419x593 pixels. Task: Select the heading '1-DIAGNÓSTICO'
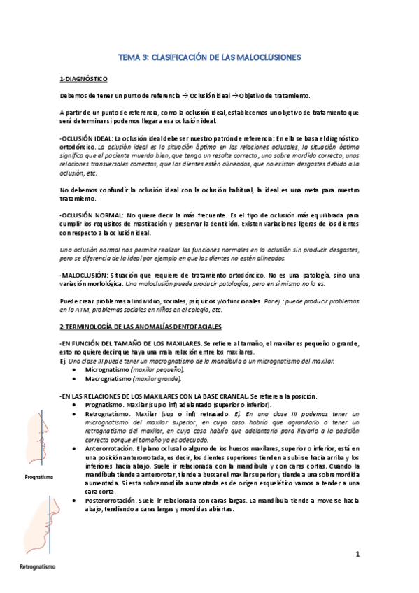82,80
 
